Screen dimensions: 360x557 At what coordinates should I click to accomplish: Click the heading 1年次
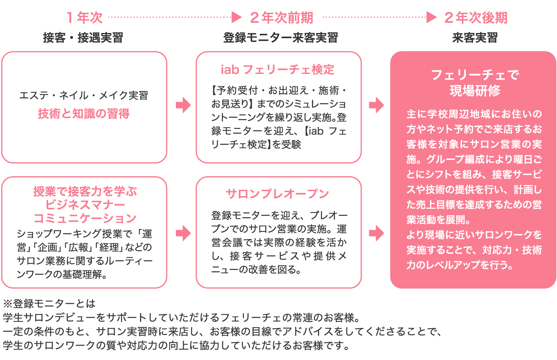pos(84,18)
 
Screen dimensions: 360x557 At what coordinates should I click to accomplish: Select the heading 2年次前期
pos(281,18)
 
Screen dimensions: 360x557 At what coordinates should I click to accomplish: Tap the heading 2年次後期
pos(476,18)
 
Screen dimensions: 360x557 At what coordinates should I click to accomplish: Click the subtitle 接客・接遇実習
pos(83,38)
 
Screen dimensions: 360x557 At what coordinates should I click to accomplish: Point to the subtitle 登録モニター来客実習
pos(280,38)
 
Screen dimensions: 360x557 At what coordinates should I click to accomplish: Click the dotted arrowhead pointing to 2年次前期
pos(237,17)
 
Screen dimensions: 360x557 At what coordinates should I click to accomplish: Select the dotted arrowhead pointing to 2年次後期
pos(432,17)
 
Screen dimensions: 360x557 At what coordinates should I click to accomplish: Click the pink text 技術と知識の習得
pos(84,114)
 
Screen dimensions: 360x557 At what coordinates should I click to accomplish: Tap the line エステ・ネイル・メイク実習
pos(84,95)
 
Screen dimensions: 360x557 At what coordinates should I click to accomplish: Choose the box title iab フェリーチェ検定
pos(278,70)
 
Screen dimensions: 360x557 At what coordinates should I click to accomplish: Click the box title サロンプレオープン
pos(278,194)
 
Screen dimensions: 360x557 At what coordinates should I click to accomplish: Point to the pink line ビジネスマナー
pos(85,205)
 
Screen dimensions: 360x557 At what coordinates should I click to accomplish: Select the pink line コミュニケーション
pos(85,218)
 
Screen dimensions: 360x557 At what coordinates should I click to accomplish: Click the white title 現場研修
pos(475,91)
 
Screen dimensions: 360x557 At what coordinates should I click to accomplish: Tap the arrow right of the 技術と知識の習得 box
pos(183,105)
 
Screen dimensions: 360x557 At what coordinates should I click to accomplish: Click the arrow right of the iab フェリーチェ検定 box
pos(376,105)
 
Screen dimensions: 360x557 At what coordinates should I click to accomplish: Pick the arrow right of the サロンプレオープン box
pos(376,233)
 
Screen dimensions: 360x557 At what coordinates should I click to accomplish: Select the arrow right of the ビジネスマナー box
pos(183,233)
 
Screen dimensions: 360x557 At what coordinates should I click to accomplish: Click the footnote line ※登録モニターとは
pos(49,304)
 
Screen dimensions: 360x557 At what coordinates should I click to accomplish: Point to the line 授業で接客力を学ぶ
pos(85,191)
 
